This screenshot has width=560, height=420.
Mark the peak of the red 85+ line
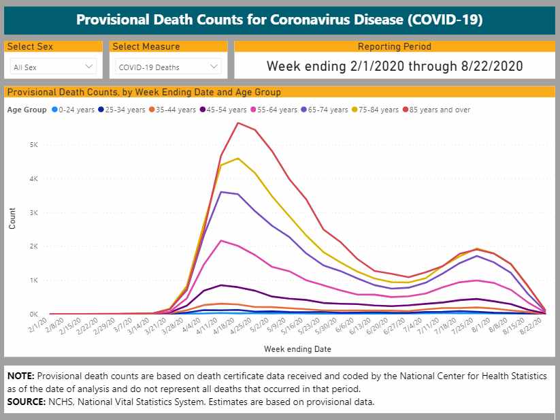[237, 123]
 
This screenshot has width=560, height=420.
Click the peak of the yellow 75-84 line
[237, 159]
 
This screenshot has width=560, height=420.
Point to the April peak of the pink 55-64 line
[220, 240]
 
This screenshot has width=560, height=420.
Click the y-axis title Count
[12, 217]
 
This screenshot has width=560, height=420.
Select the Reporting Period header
[394, 47]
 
